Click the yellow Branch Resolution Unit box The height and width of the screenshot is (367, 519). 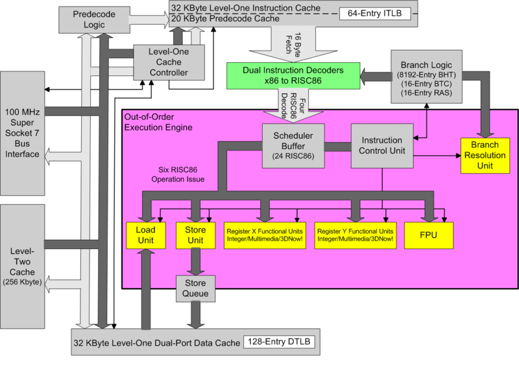click(486, 156)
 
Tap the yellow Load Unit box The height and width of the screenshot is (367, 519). click(146, 235)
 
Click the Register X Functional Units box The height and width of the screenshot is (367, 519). click(264, 235)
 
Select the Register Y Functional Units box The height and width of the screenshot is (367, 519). click(354, 235)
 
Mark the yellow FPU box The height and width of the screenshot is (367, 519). click(428, 235)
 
